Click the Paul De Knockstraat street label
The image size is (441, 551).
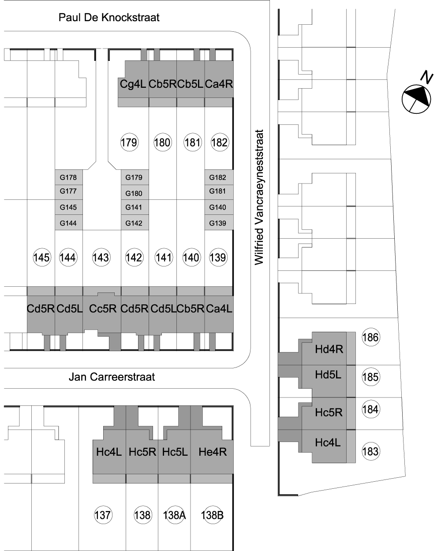tap(109, 17)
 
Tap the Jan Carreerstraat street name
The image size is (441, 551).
tap(112, 377)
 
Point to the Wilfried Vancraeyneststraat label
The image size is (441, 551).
tap(259, 197)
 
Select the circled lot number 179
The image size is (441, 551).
tap(129, 142)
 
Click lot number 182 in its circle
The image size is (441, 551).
tap(219, 142)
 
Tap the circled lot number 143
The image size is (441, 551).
tap(101, 257)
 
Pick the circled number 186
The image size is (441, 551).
tap(370, 337)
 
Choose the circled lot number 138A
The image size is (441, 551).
tap(175, 515)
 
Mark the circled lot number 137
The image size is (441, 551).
tap(103, 515)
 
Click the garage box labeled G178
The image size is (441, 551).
tap(69, 177)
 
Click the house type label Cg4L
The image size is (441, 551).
tap(133, 84)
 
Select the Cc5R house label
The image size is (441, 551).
tap(103, 308)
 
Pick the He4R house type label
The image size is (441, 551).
tap(213, 452)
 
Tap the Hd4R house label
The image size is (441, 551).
tap(329, 349)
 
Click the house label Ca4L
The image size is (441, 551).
tap(219, 308)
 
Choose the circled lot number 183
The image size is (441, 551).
tap(370, 451)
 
